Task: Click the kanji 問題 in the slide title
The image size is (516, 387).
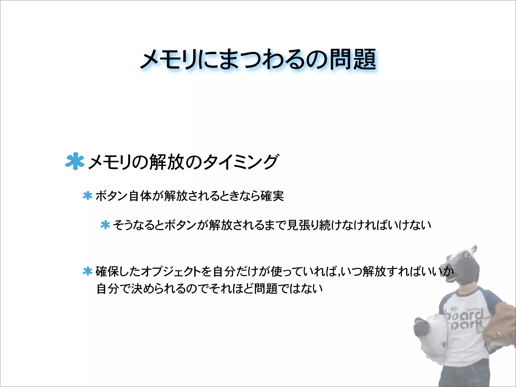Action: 353,59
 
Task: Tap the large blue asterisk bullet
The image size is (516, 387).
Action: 75,161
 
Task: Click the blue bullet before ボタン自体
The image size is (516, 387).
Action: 87,196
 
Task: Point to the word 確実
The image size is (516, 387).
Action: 272,196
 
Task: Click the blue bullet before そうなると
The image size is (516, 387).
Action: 105,225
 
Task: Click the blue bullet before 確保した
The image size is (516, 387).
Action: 87,271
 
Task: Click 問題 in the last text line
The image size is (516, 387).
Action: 266,288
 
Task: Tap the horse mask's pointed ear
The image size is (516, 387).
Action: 474,249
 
